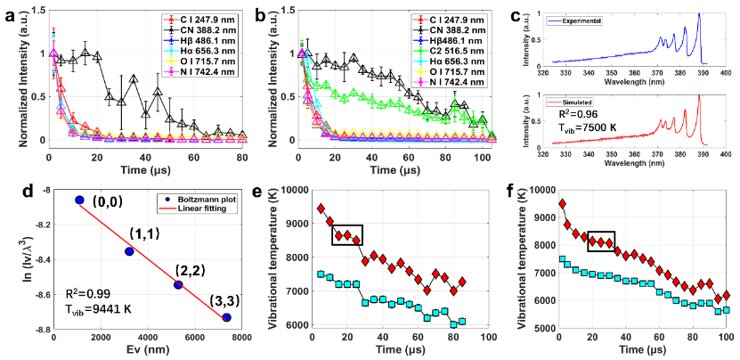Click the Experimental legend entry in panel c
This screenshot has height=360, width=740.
click(615, 18)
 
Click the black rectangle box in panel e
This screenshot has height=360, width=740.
click(345, 234)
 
